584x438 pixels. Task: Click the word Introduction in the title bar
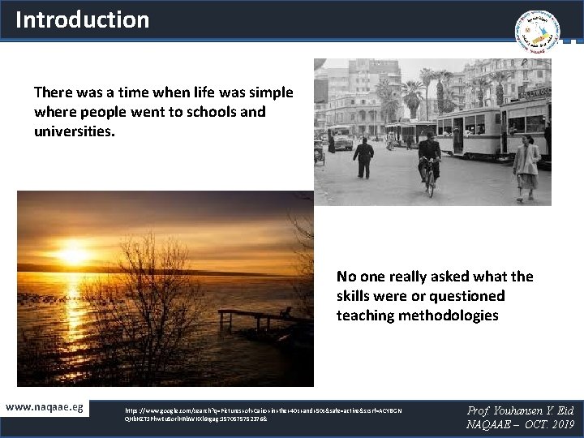point(82,19)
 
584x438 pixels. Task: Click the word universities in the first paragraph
point(74,130)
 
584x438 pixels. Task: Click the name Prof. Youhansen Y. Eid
point(520,410)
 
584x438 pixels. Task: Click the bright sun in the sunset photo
point(73,255)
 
